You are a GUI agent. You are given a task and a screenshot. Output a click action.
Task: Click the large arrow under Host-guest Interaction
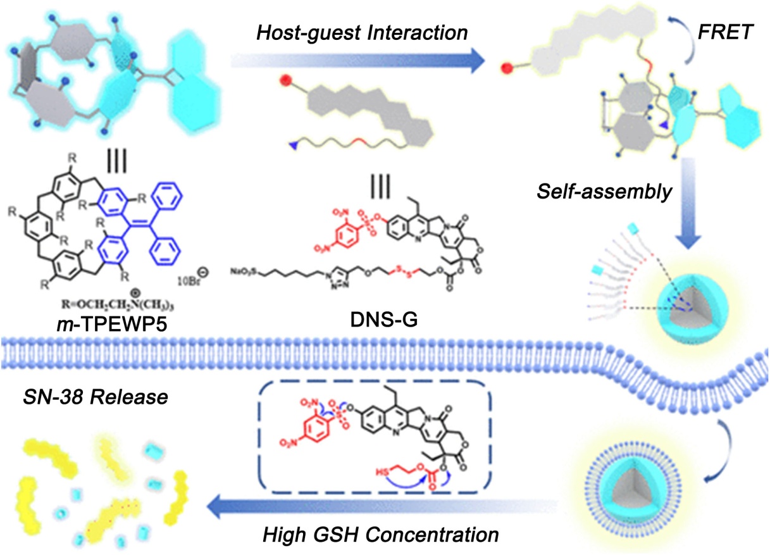pyautogui.click(x=361, y=60)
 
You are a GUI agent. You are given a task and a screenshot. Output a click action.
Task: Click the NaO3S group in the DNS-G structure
pyautogui.click(x=244, y=273)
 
